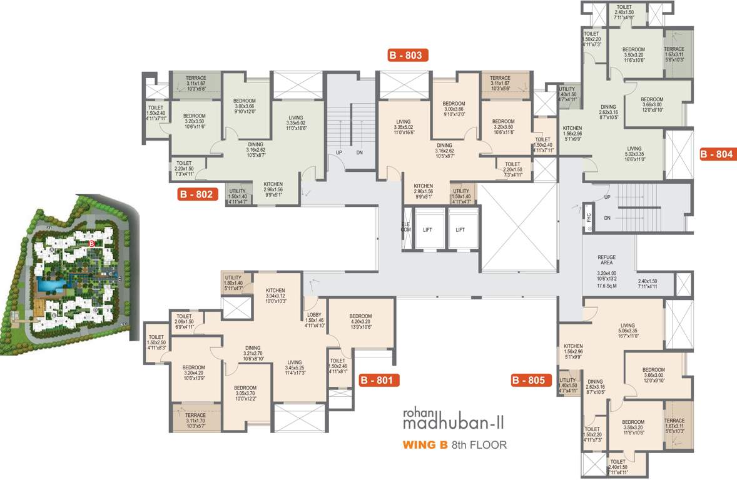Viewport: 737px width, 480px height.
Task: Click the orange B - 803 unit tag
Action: pos(408,56)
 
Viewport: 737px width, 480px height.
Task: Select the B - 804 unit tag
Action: pos(718,154)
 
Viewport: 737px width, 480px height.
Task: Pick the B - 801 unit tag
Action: pos(379,380)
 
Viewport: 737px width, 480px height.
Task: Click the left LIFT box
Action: pos(427,230)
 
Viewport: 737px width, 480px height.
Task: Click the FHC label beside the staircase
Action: pos(588,217)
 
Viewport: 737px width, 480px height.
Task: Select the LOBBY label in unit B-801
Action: pos(314,315)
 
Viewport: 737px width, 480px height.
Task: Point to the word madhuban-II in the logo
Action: pos(447,424)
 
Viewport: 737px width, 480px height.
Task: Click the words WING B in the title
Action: pos(425,446)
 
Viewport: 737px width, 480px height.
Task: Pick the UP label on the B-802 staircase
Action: pos(338,152)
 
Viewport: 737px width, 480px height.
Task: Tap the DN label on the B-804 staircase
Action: pos(607,218)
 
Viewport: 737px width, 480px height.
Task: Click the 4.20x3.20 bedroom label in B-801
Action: pos(360,322)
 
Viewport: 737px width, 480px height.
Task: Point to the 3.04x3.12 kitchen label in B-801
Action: pos(275,296)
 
